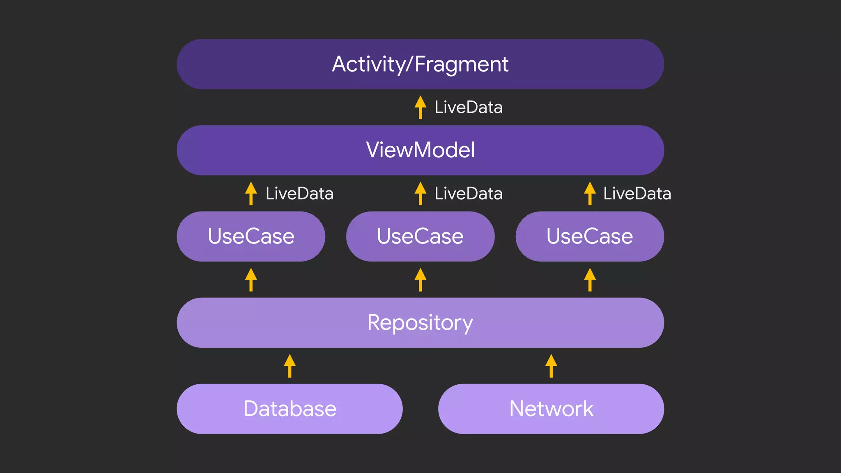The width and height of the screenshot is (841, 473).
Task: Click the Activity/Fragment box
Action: click(420, 64)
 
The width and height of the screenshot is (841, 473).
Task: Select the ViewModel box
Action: click(420, 150)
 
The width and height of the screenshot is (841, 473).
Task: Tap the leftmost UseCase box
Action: click(251, 236)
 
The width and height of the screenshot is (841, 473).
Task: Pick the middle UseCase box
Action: click(420, 236)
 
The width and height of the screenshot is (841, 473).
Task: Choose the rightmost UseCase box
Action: click(590, 236)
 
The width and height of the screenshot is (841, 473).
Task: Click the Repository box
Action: click(420, 323)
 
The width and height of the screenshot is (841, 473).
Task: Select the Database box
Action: click(290, 409)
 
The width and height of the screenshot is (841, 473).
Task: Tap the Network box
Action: click(551, 409)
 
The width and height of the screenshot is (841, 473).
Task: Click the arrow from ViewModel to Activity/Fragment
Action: click(420, 108)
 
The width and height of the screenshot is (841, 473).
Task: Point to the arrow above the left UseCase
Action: click(251, 194)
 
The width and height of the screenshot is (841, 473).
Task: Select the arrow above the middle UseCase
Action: click(420, 194)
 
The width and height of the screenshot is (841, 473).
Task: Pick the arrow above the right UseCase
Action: click(590, 194)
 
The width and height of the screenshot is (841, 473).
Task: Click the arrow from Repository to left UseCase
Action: click(251, 280)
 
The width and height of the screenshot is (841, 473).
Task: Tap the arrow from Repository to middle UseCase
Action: click(420, 280)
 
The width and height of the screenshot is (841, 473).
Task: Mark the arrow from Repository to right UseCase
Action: click(590, 280)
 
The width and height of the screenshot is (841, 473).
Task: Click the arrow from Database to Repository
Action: click(290, 366)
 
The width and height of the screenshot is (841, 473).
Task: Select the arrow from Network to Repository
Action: click(551, 366)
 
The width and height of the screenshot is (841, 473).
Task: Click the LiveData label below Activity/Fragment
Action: click(469, 108)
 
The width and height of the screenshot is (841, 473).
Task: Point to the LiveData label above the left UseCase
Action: click(299, 194)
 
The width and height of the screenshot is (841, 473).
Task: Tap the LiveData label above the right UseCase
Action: click(637, 194)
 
